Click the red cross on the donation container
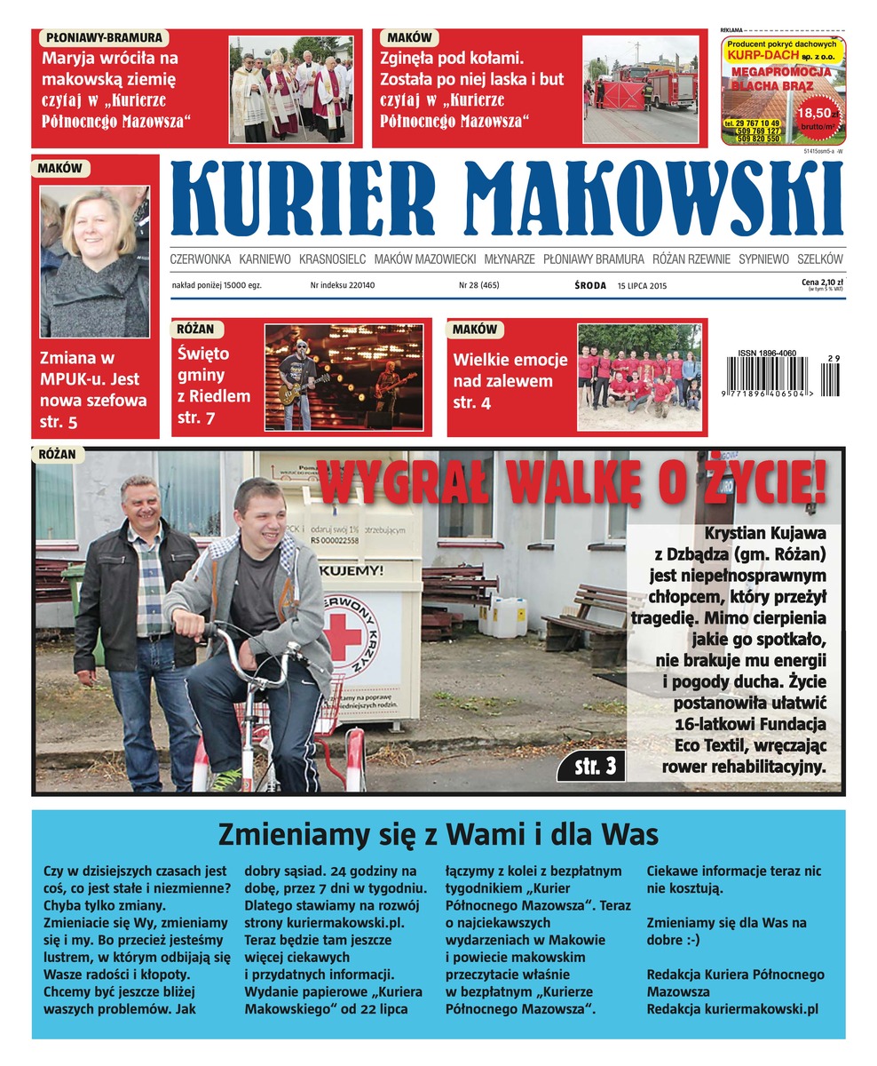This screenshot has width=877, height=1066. pos(344,637)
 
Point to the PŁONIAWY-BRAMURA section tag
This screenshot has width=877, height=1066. pos(104,38)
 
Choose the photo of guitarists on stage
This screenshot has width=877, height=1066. pos(344,377)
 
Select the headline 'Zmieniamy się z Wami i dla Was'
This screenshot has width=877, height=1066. pos(438,835)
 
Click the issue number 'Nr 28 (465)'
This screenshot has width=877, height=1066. pos(478,286)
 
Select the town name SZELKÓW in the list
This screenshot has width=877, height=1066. pos(820,259)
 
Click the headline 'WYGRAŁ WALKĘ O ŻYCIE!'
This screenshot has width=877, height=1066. pos(573,483)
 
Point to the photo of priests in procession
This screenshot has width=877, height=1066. pos(290,89)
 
